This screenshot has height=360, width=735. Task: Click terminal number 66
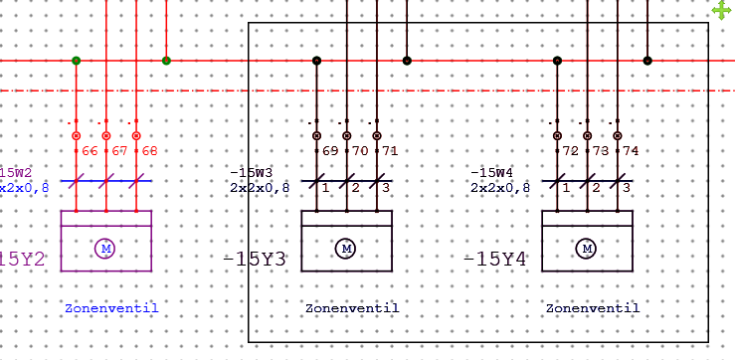[x=90, y=151]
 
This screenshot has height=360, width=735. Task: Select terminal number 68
[x=149, y=151]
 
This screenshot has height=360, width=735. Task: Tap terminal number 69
[x=331, y=151]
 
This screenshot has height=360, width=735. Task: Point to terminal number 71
[x=390, y=151]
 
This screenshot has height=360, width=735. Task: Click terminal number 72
[x=571, y=151]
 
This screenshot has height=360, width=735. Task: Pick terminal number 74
[x=630, y=151]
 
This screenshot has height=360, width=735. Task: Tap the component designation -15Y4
[x=494, y=260]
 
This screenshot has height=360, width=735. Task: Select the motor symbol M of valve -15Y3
[x=346, y=248]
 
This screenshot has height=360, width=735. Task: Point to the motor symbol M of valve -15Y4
[x=587, y=248]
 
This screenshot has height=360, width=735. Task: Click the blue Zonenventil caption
[x=111, y=308]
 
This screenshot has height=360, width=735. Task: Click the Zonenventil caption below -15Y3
[x=352, y=308]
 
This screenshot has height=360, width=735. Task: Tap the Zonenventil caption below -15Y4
[x=593, y=308]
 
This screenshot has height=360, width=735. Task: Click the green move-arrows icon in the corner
[x=723, y=10]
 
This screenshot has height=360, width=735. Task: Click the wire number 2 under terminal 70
[x=355, y=187]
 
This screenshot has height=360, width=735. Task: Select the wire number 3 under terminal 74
[x=626, y=187]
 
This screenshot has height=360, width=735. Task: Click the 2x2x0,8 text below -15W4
[x=500, y=186]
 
